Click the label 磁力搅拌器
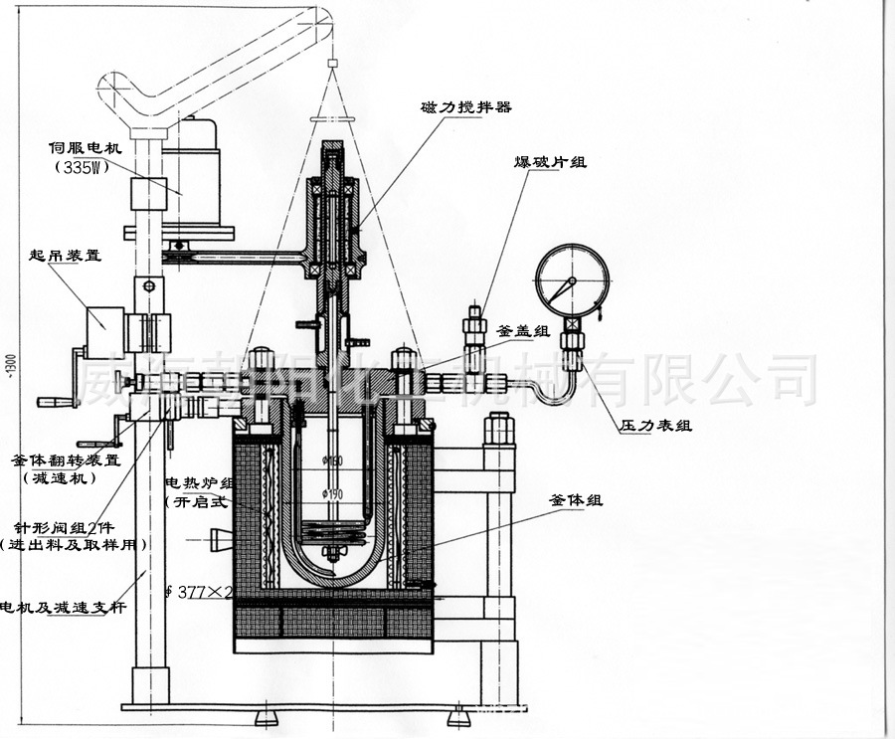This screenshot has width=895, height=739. pyautogui.click(x=466, y=106)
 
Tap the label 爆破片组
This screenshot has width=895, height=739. pyautogui.click(x=550, y=161)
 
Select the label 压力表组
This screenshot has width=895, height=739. pyautogui.click(x=656, y=425)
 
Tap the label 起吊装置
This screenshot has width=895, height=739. pyautogui.click(x=66, y=255)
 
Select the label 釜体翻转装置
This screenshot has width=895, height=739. pyautogui.click(x=65, y=461)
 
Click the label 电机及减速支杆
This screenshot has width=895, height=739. pyautogui.click(x=63, y=608)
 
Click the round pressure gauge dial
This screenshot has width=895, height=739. pyautogui.click(x=571, y=282)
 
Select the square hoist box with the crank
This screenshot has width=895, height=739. pyautogui.click(x=103, y=332)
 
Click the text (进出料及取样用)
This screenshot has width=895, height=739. pyautogui.click(x=74, y=544)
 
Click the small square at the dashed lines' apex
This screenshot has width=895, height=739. pyautogui.click(x=332, y=64)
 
